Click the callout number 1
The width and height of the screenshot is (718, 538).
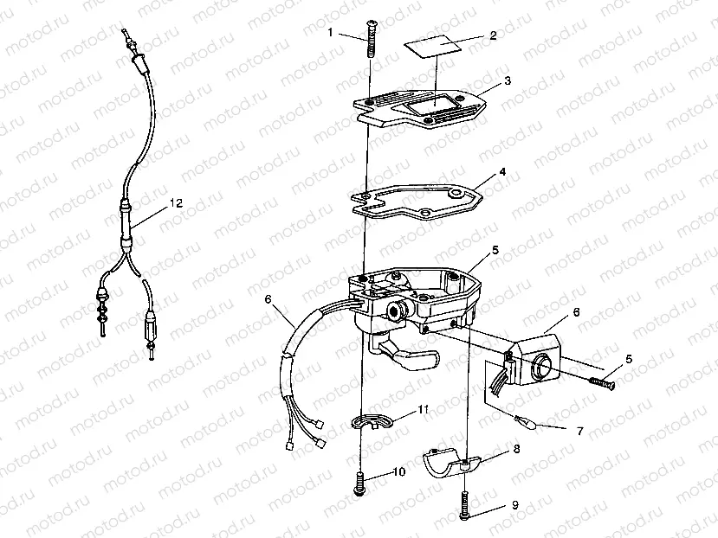pyautogui.click(x=330, y=32)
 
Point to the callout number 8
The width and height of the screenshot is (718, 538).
pyautogui.click(x=517, y=450)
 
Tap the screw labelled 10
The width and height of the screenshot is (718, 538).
pyautogui.click(x=358, y=480)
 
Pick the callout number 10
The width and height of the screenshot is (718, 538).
pyautogui.click(x=398, y=472)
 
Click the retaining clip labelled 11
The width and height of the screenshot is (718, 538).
pyautogui.click(x=375, y=422)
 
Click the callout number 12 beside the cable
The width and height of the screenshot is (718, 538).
pyautogui.click(x=176, y=204)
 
